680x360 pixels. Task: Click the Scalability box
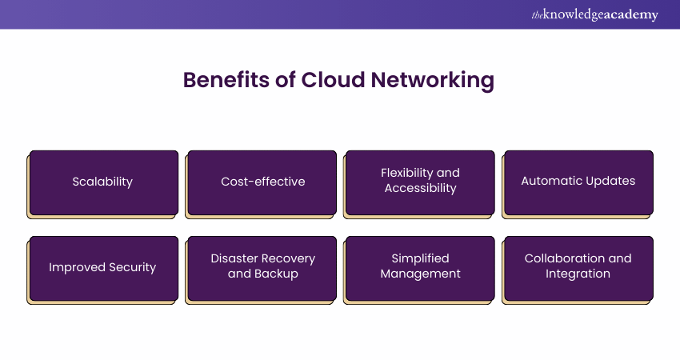[x=103, y=182]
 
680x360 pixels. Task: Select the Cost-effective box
[x=262, y=182]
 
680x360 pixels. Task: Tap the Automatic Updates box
[x=578, y=182]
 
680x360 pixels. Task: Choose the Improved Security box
[x=103, y=267]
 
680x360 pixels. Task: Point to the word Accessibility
[x=420, y=189]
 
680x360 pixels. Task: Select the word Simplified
[x=420, y=258]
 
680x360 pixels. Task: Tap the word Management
[x=420, y=274]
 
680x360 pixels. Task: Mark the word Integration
[x=578, y=274]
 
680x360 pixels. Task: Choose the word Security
[x=132, y=267]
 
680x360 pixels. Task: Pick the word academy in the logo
[x=632, y=15]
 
